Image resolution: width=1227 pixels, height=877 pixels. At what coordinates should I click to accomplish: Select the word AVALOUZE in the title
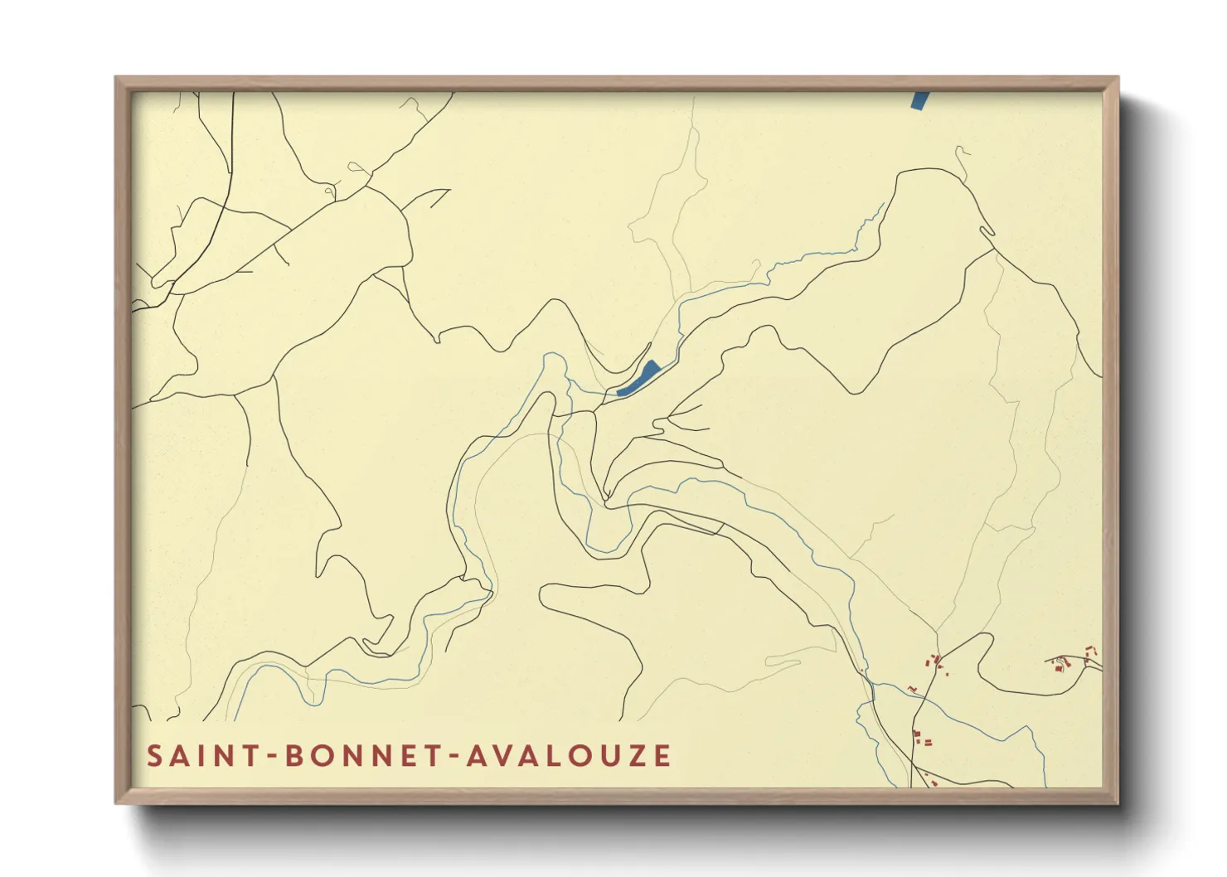coord(569,756)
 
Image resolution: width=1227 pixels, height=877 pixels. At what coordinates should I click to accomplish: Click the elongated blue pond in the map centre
coord(640,378)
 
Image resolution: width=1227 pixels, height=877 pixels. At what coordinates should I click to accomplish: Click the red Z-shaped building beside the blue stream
coord(911,689)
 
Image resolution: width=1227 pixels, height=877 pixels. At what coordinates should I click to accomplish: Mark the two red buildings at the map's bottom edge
coord(930,781)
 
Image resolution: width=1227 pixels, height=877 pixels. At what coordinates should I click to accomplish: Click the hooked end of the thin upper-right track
coord(961,150)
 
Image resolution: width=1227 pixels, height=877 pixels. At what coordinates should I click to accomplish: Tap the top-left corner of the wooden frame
coord(116,78)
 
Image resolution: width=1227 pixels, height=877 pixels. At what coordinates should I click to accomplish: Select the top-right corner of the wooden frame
coord(1118,78)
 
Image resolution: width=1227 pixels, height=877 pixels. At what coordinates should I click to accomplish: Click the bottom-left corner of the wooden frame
coord(116,802)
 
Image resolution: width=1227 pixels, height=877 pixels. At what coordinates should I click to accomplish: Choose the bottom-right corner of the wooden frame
coord(1118,802)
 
